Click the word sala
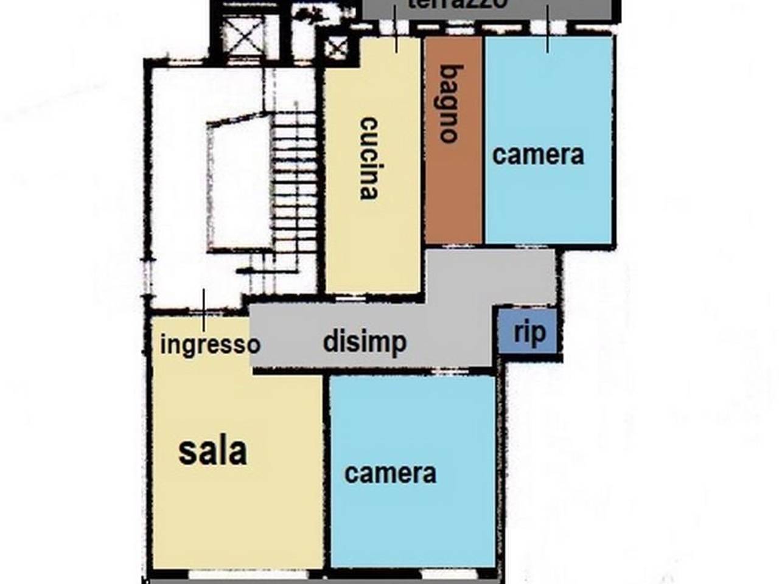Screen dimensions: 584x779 tap(212, 451)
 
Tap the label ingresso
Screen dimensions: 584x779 tap(209, 344)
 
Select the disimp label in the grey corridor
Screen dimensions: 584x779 tap(365, 342)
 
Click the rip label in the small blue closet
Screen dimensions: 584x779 tap(529, 332)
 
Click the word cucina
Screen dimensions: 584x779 tap(369, 158)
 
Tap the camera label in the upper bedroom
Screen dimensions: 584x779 tap(538, 155)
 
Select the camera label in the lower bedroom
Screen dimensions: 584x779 tap(390, 473)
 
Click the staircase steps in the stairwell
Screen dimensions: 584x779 tap(294, 195)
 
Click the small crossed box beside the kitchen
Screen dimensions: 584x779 tap(336, 47)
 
